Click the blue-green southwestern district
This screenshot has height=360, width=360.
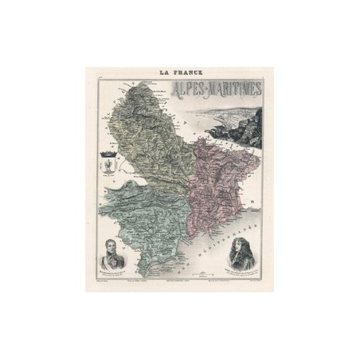[x=151, y=215]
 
